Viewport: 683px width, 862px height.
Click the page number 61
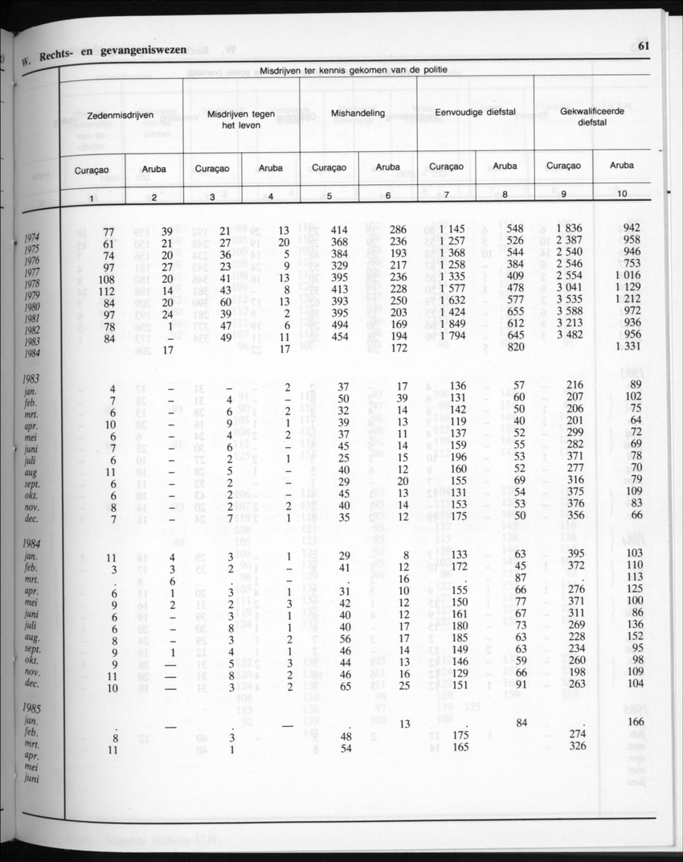[x=644, y=46]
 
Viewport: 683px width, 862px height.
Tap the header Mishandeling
[x=358, y=113]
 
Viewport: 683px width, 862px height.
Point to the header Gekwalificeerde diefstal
[x=591, y=117]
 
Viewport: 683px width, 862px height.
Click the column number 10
[x=622, y=194]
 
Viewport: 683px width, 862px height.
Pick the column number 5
[x=329, y=196]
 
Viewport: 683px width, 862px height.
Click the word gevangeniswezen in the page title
[x=141, y=51]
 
